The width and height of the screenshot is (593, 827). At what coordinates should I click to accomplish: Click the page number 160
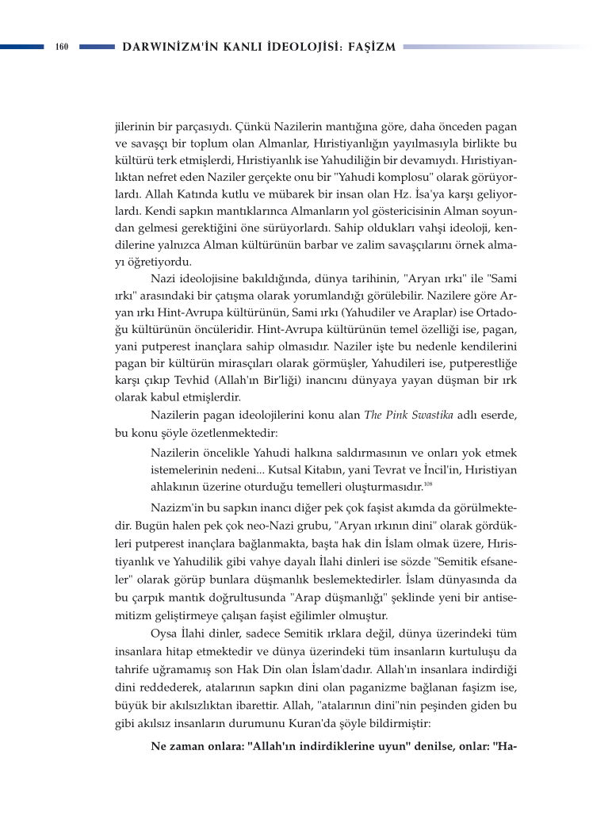point(63,48)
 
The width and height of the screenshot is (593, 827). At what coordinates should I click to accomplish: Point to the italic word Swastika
point(436,418)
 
